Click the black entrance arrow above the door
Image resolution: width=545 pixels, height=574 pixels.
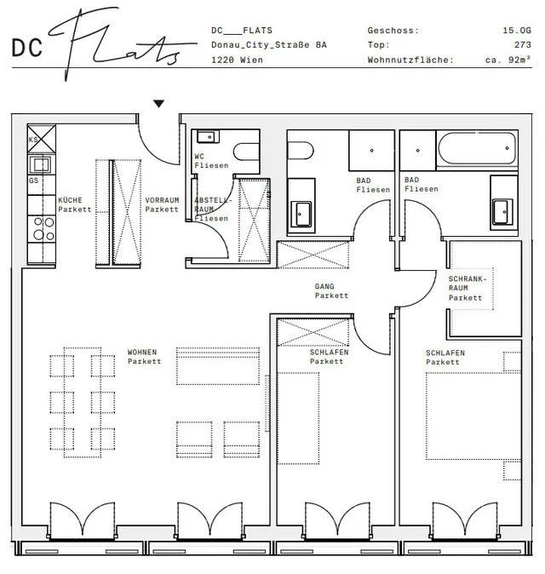[x=158, y=104]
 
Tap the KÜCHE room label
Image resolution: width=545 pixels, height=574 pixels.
[x=71, y=200]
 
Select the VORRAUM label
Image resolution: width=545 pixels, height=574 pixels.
[x=162, y=200]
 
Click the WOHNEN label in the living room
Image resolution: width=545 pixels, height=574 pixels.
[x=142, y=353]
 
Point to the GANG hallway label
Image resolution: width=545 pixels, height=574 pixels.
[x=324, y=286]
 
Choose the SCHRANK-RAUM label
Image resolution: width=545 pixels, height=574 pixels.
[x=468, y=284]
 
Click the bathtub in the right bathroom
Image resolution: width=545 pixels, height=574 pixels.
[x=477, y=148]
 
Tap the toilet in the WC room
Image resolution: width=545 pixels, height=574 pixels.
[x=246, y=152]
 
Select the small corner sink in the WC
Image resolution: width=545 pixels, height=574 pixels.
[x=208, y=136]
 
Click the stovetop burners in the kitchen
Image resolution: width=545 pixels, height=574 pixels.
[x=43, y=228]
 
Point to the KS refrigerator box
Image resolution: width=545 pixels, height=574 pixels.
[x=42, y=139]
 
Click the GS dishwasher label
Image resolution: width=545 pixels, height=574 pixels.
[x=33, y=181]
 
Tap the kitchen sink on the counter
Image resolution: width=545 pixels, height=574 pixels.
[x=42, y=164]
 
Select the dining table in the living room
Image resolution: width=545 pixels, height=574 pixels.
[x=83, y=402]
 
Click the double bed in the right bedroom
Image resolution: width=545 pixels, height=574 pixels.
[x=473, y=416]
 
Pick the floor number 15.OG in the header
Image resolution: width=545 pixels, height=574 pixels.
[x=516, y=31]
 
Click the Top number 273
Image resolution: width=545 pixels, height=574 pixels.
[x=522, y=44]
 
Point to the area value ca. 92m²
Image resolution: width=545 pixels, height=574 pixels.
[x=508, y=60]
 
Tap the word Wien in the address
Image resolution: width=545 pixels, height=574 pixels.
[x=251, y=60]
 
